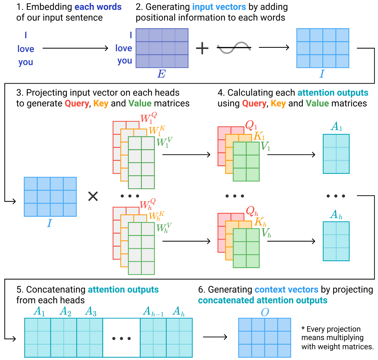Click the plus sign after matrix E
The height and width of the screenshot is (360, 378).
coord(202,48)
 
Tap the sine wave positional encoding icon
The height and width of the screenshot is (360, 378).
coord(234,48)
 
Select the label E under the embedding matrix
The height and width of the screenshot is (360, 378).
coord(162,74)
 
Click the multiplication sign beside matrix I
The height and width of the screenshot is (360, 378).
coord(93,197)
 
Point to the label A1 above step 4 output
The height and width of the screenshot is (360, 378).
coord(336,127)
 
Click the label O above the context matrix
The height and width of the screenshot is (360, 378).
coord(265,312)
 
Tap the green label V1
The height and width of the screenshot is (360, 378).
coord(265,147)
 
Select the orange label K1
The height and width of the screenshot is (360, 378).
coord(259,136)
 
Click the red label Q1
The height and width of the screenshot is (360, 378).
coord(251,125)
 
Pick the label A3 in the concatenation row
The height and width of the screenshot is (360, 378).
coord(91,312)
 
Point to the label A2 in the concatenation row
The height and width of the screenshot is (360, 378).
coord(65,312)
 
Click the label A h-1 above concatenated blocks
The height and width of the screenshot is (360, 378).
coord(153,312)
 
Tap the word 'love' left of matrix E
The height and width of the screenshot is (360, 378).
coord(124,48)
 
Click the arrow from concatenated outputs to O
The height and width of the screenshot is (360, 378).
coord(215,337)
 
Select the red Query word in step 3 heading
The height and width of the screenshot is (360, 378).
coord(77,103)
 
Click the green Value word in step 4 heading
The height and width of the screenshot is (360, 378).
coord(317,103)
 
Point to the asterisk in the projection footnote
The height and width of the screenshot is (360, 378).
coord(303,328)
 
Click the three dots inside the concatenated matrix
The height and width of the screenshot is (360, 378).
coord(121,338)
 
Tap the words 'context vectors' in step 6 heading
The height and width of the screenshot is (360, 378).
coord(286,290)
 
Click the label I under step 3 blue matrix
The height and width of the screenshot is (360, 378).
coord(49,223)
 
